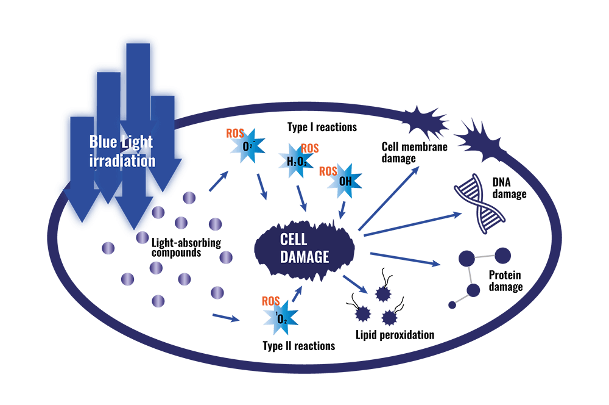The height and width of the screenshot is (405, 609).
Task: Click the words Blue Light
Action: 121,142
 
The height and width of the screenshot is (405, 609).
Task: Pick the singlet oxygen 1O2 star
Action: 280,318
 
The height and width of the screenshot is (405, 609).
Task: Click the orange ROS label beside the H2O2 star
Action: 310,148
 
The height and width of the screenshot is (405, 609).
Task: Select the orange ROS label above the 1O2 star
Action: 270,301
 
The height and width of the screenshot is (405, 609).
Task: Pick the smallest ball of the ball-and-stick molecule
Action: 452,303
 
